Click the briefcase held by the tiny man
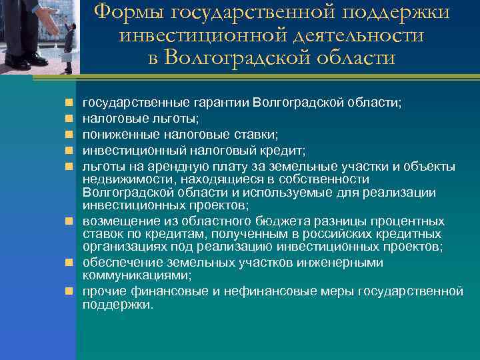[67, 59]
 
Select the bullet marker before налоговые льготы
[69, 116]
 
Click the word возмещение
[115, 221]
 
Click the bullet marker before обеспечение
[69, 262]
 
